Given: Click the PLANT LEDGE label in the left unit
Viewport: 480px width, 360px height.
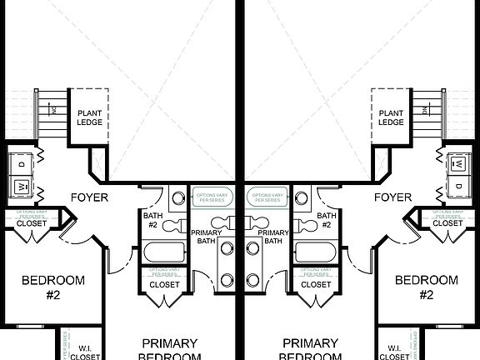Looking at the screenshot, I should pyautogui.click(x=89, y=117).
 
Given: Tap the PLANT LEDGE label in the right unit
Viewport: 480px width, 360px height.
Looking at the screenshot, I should pyautogui.click(x=391, y=117).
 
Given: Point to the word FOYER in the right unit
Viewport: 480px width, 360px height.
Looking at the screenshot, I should pyautogui.click(x=393, y=197).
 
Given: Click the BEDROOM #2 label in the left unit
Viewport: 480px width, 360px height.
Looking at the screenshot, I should pyautogui.click(x=52, y=287).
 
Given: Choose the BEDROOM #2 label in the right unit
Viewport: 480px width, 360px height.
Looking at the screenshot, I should pyautogui.click(x=427, y=287).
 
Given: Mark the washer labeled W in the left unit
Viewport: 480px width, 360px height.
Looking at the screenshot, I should pyautogui.click(x=22, y=184).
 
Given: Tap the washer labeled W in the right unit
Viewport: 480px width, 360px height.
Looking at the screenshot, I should pyautogui.click(x=457, y=184).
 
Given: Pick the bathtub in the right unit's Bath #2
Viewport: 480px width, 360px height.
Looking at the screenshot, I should pyautogui.click(x=315, y=252).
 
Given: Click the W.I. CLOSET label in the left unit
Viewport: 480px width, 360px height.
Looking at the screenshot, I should pyautogui.click(x=85, y=352).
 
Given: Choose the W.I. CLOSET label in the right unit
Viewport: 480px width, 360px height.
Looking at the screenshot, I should pyautogui.click(x=395, y=352).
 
